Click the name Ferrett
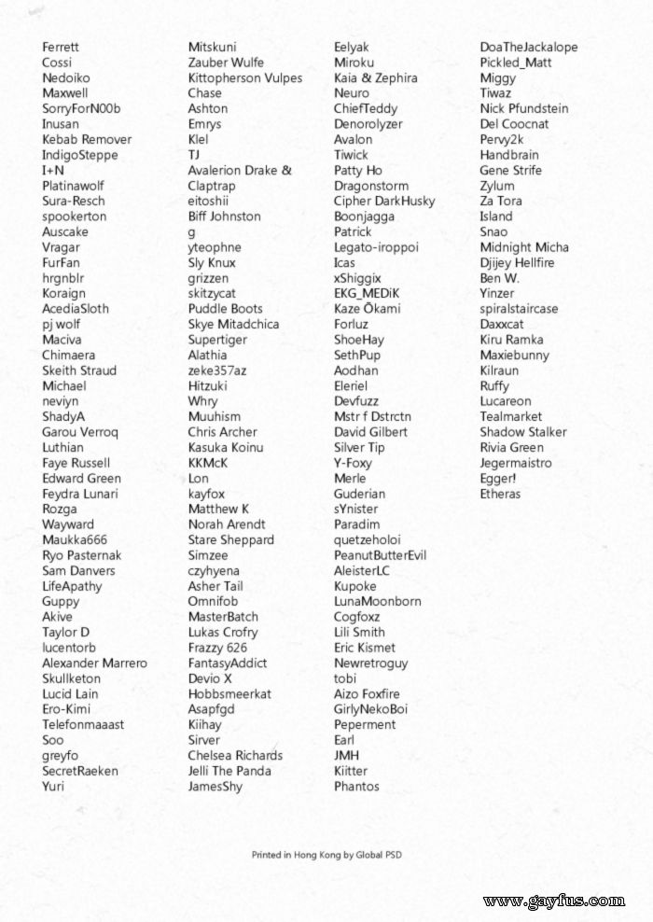pyautogui.click(x=61, y=47)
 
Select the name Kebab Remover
pyautogui.click(x=87, y=139)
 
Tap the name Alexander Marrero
pyautogui.click(x=94, y=663)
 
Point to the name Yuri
pyautogui.click(x=53, y=786)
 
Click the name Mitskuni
pyautogui.click(x=212, y=47)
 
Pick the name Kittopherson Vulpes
pyautogui.click(x=245, y=77)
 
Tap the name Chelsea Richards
pyautogui.click(x=235, y=755)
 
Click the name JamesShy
pyautogui.click(x=215, y=786)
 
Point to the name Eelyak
pyautogui.click(x=352, y=47)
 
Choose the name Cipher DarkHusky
pyautogui.click(x=384, y=201)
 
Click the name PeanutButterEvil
pyautogui.click(x=380, y=555)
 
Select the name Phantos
pyautogui.click(x=356, y=786)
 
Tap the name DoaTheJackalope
pyautogui.click(x=528, y=47)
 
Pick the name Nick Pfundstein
pyautogui.click(x=523, y=108)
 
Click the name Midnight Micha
pyautogui.click(x=523, y=247)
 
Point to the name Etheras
pyautogui.click(x=500, y=494)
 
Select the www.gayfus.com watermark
pyautogui.click(x=554, y=901)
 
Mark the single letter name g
pyautogui.click(x=191, y=232)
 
